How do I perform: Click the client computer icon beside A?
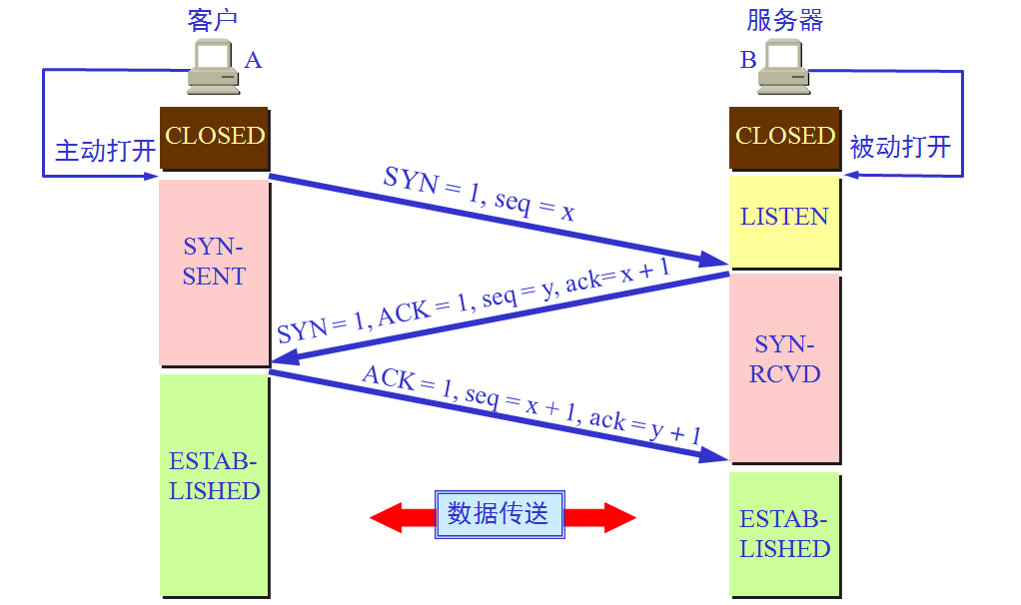(214, 66)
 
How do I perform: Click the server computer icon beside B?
(784, 66)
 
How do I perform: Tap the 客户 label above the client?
(212, 20)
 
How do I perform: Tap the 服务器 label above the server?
(784, 20)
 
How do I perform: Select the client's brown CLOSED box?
(214, 139)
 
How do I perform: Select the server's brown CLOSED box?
(784, 139)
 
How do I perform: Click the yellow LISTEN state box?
(784, 222)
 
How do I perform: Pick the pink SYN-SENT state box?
(214, 272)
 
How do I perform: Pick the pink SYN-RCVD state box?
(784, 367)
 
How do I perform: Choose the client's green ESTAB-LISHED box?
(214, 484)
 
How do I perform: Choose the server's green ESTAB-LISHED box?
(784, 534)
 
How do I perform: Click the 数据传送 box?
(500, 514)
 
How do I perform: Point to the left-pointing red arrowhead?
(387, 517)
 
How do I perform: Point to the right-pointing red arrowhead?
(619, 517)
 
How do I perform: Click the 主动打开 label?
(106, 151)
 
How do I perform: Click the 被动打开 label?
(900, 147)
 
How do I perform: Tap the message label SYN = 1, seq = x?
(479, 194)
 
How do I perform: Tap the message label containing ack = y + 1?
(531, 404)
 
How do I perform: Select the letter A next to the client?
(253, 61)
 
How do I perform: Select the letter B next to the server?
(748, 61)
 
